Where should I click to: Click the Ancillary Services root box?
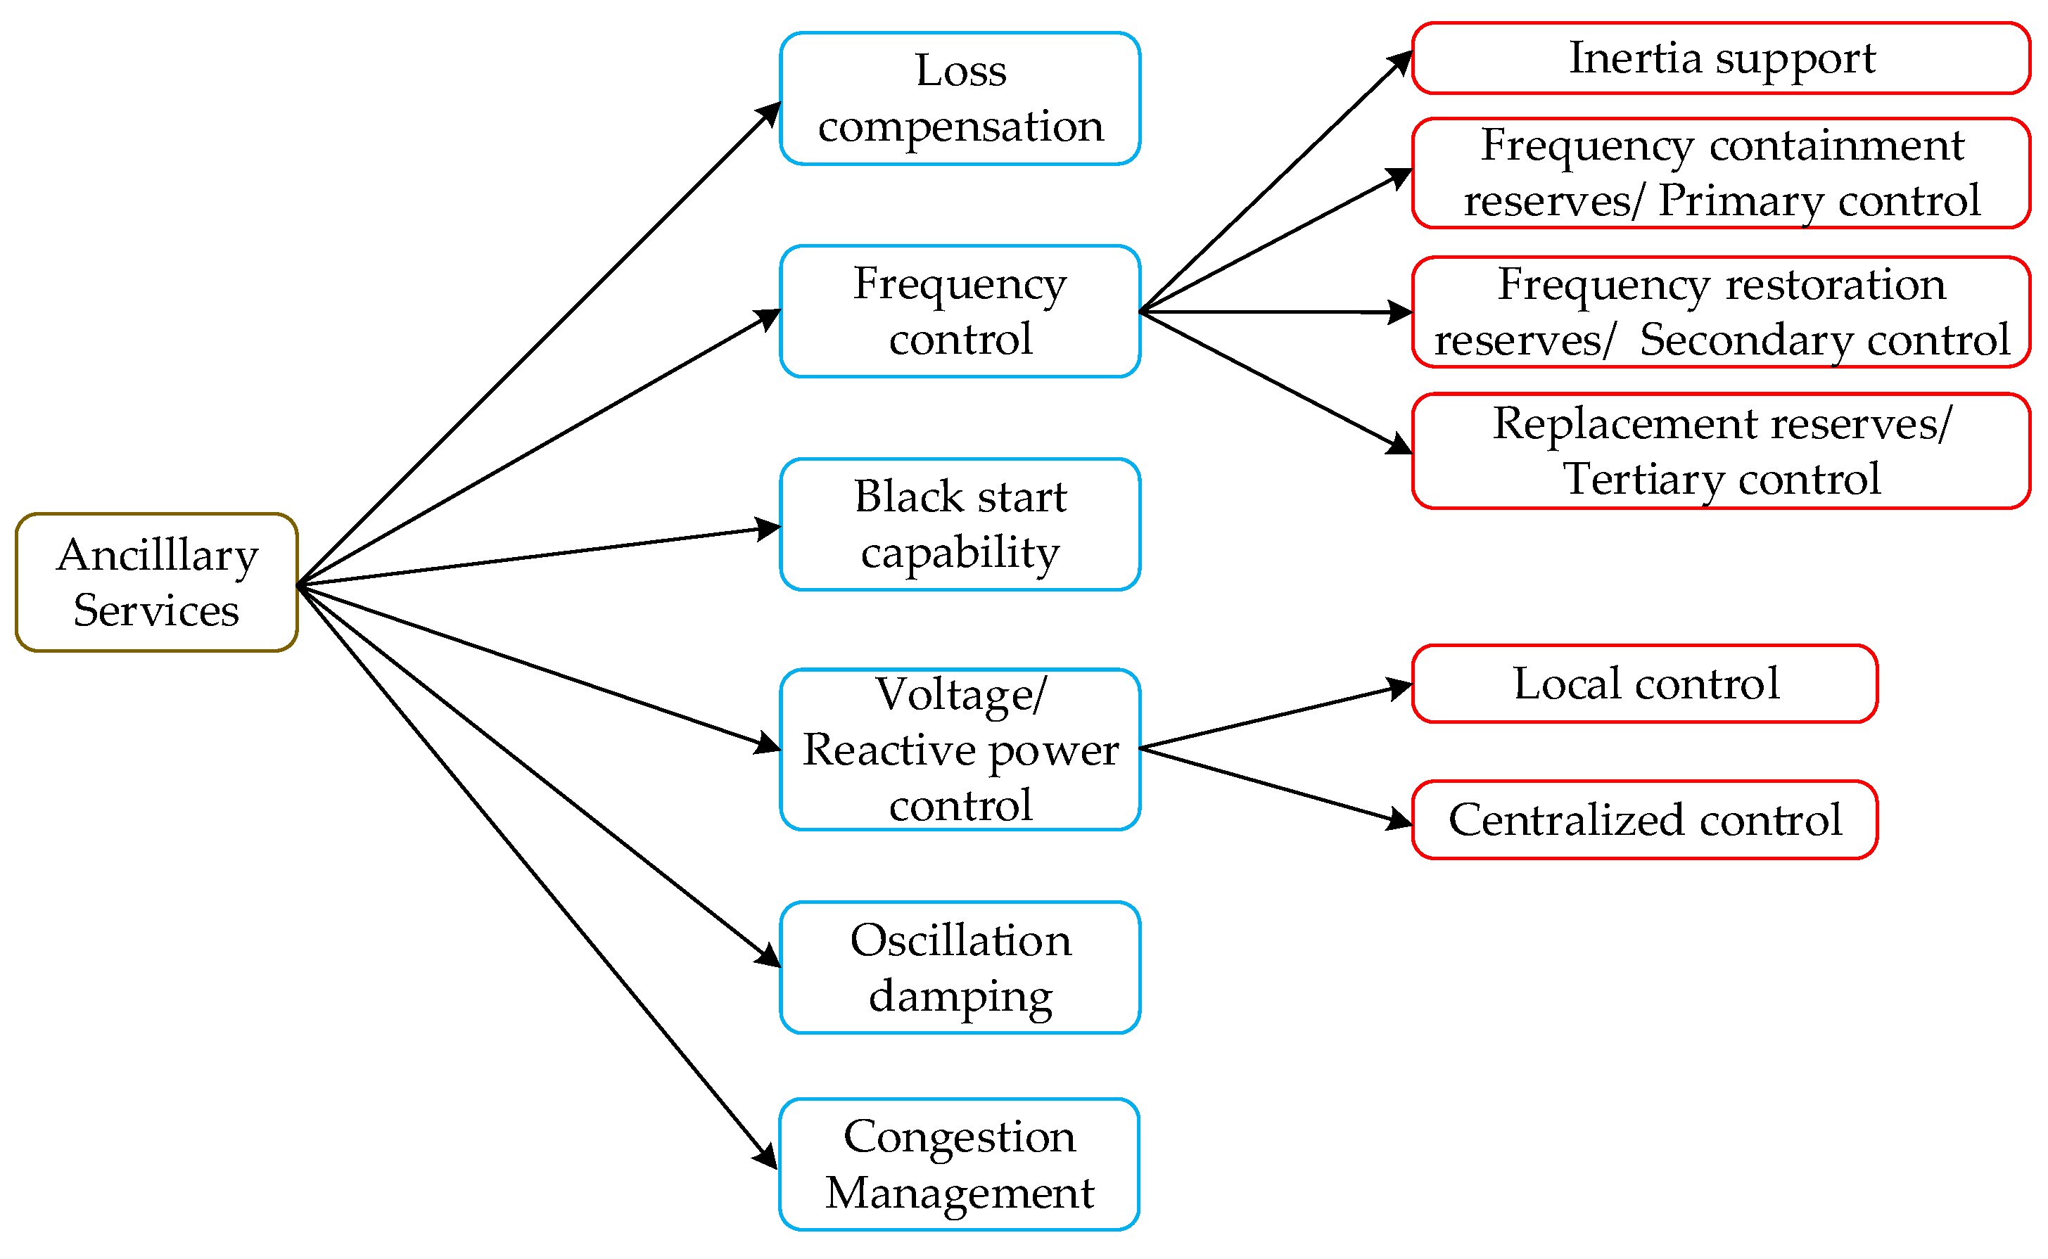(x=157, y=583)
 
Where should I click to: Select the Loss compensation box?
(x=960, y=98)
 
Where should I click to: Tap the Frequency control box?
(x=960, y=312)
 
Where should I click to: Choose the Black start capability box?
(x=960, y=525)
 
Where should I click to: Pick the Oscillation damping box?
(x=960, y=968)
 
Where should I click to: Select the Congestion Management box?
(x=960, y=1165)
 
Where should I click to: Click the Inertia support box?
(x=1722, y=58)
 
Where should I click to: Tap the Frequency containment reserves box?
(x=1722, y=173)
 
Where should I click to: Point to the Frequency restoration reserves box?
(x=1722, y=312)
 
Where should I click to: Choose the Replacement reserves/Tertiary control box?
(x=1722, y=452)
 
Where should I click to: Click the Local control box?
(x=1645, y=684)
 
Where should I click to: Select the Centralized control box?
(x=1645, y=820)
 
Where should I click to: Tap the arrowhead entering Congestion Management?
(x=767, y=1158)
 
